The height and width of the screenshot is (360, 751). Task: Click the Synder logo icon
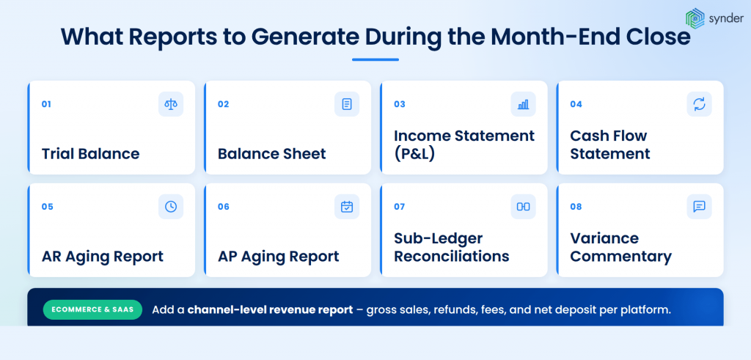695,18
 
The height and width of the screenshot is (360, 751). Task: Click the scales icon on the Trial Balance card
170,104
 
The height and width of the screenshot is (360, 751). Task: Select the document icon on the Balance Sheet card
347,104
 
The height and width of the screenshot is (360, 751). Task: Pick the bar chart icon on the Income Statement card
523,104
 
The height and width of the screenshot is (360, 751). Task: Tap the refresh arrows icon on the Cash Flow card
699,104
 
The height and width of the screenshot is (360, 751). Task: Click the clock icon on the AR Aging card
170,206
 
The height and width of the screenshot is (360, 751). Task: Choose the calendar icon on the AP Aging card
347,206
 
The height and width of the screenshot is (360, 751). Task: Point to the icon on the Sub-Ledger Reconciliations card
523,206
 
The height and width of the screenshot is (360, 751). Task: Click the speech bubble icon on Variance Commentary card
699,206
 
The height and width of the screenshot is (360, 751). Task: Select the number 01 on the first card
46,104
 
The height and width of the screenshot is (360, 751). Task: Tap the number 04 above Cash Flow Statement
576,104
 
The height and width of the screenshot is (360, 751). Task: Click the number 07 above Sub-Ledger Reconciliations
400,206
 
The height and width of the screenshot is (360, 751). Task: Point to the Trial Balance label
90,154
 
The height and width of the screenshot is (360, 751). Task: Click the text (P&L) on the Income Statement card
415,154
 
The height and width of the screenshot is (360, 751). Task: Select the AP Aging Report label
278,257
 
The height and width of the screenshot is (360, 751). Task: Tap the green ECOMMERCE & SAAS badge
93,309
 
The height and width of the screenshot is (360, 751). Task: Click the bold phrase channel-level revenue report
270,309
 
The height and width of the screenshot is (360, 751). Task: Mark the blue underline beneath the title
375,60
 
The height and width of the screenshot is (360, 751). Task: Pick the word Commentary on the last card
620,257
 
